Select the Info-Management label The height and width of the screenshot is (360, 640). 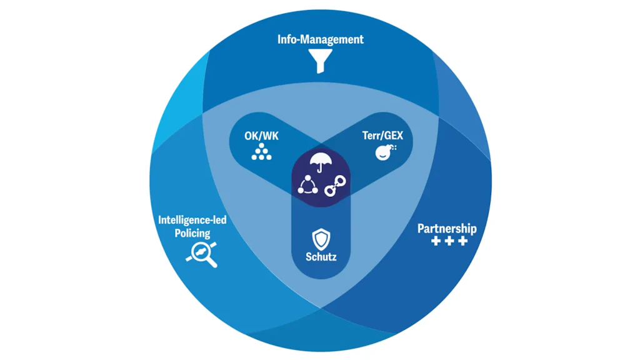click(x=321, y=39)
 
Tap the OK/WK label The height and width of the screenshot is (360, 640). click(x=261, y=135)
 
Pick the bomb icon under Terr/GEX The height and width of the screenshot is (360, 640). click(x=384, y=152)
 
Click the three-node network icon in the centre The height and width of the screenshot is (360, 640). click(x=308, y=185)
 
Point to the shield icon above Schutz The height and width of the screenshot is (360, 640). click(x=321, y=238)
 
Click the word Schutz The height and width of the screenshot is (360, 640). click(x=321, y=256)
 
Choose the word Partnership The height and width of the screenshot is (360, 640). click(x=447, y=228)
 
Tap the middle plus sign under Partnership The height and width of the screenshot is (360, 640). click(x=449, y=241)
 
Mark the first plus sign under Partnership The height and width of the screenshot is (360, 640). click(x=436, y=241)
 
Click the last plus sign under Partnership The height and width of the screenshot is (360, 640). click(x=462, y=241)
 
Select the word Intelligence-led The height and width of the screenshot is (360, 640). click(x=192, y=220)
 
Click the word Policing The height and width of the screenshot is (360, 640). click(x=192, y=232)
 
